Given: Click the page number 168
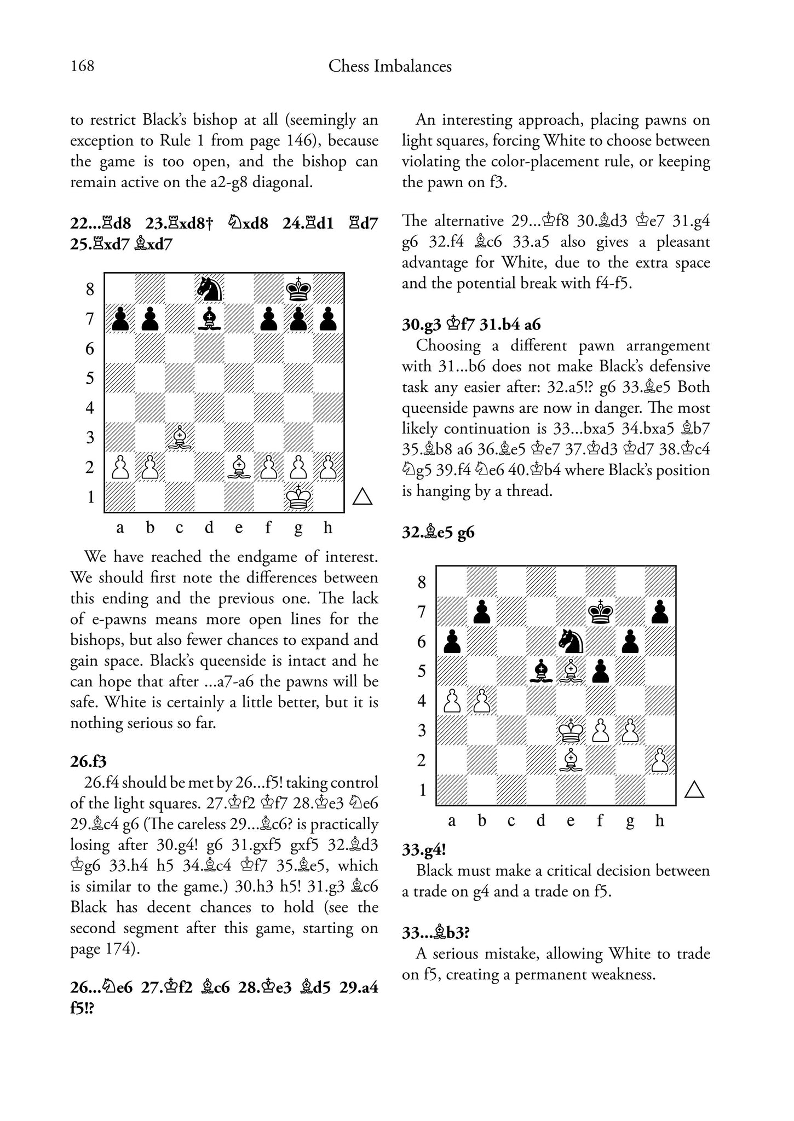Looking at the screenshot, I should (x=82, y=66).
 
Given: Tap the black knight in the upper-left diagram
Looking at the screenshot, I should (x=209, y=288).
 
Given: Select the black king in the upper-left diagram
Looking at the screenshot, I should (x=298, y=288).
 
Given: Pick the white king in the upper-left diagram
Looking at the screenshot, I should (x=298, y=497).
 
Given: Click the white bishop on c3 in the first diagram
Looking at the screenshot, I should (x=180, y=437).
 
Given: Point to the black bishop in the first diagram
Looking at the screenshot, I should (x=209, y=319).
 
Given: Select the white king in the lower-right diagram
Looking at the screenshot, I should (x=571, y=730).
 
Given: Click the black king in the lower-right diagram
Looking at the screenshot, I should (x=601, y=611).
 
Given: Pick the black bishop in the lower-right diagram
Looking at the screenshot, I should (x=541, y=671).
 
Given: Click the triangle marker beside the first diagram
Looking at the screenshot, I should (x=363, y=496).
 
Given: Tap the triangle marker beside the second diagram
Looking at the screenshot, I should (x=694, y=789).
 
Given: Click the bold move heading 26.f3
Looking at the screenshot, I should (x=88, y=761).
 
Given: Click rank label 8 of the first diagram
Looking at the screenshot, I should (x=90, y=289).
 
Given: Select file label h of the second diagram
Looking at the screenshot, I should (x=659, y=820).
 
